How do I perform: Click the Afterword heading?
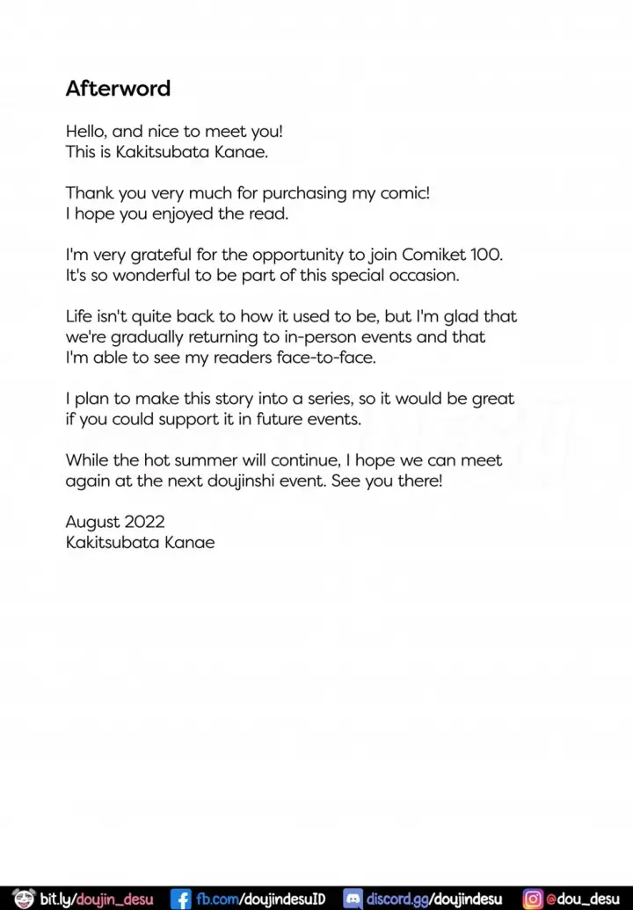point(118,89)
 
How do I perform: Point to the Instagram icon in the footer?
point(533,899)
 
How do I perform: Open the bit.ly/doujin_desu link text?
point(96,899)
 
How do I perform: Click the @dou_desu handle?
point(585,899)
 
